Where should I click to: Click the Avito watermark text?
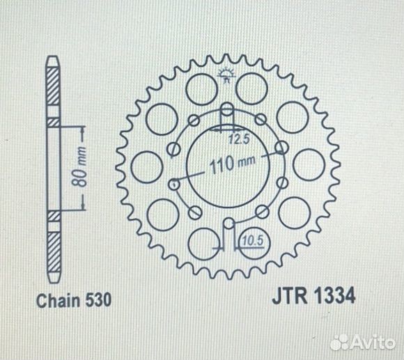click(376, 341)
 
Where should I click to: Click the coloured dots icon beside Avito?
click(341, 341)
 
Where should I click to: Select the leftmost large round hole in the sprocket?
click(144, 165)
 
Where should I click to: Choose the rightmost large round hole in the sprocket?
click(304, 165)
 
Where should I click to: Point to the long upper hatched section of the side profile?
click(53, 91)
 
